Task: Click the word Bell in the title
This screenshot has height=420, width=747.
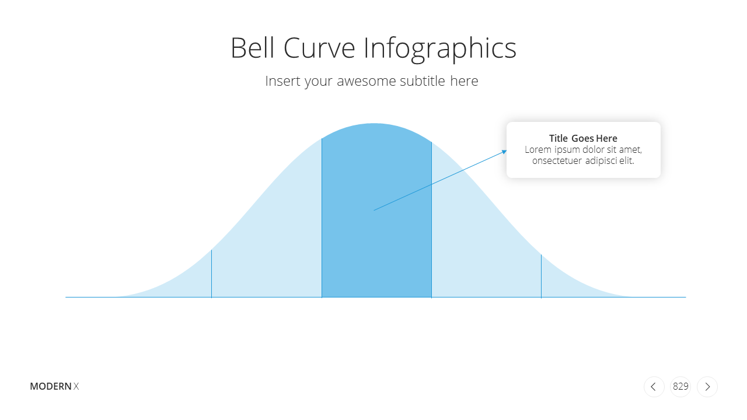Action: (253, 48)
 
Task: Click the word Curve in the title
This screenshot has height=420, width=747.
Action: (319, 48)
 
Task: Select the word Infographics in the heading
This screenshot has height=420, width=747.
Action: (440, 50)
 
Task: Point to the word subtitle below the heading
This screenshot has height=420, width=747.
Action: (423, 80)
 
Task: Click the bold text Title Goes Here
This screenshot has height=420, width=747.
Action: (583, 138)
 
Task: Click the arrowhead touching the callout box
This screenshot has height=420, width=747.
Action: (505, 152)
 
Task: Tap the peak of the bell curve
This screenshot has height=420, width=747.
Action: (374, 124)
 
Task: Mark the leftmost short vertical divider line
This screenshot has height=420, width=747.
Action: (211, 274)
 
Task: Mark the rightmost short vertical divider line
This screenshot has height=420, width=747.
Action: (541, 276)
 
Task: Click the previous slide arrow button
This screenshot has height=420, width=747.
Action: (654, 387)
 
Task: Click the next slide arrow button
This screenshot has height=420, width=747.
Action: (707, 387)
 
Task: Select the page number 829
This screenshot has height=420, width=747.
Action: (680, 386)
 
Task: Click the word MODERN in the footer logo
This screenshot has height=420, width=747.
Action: (51, 386)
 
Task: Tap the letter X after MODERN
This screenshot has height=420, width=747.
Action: (76, 386)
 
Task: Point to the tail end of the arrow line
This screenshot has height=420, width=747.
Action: (374, 211)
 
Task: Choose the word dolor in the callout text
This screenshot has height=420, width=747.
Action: (594, 150)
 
